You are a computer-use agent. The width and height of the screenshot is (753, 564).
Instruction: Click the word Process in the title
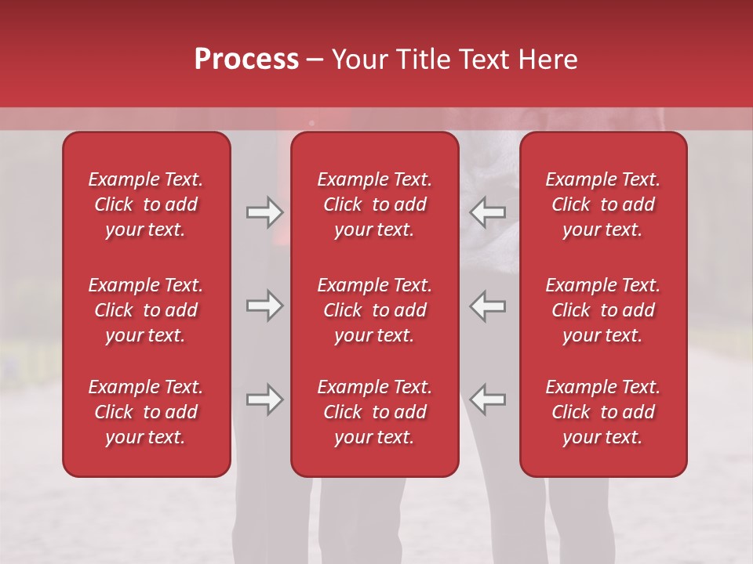coord(246,60)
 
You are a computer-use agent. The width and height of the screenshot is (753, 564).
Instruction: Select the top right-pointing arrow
coord(264,212)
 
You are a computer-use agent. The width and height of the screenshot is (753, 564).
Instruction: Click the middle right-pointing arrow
coord(264,305)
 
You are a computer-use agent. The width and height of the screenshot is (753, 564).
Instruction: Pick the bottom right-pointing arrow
coord(264,399)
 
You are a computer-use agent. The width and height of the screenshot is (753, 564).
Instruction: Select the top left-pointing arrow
coord(488,212)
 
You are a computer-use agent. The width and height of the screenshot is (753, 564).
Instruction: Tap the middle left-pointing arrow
coord(488,305)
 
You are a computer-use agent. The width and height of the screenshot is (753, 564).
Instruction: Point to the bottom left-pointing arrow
coord(488,399)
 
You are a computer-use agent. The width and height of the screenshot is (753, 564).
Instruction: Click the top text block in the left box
coord(146,204)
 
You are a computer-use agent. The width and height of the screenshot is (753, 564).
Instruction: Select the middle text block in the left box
coord(146,310)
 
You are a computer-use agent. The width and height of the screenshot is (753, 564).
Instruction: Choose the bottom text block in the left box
coord(146,412)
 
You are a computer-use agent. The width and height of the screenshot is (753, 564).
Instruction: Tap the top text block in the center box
coord(375,204)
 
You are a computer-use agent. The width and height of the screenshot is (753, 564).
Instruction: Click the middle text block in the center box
coord(375,310)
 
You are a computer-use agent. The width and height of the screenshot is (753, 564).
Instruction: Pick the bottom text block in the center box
coord(375,412)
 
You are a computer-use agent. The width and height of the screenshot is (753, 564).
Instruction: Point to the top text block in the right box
coord(603,204)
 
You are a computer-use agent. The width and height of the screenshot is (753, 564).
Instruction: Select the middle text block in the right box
coord(603,310)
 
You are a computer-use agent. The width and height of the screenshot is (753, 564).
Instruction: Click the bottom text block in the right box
coord(603,412)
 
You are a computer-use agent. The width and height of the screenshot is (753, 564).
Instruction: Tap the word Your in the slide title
coord(358,60)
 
